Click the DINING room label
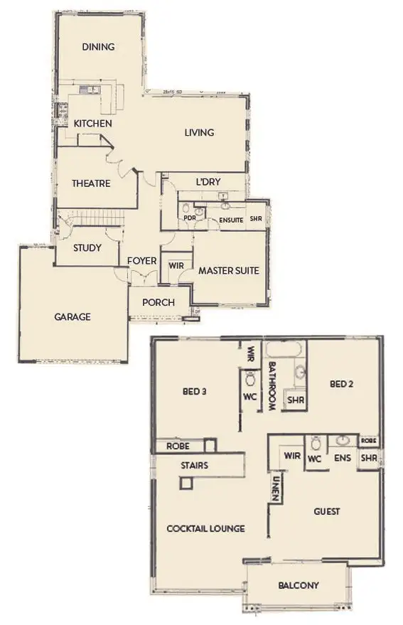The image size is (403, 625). tap(98, 47)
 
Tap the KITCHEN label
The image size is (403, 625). tap(92, 124)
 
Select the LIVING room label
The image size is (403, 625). tap(199, 132)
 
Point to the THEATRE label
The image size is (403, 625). tap(91, 183)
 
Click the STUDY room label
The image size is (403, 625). tap(87, 248)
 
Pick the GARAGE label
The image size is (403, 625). tap(72, 317)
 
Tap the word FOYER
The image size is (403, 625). tap(142, 261)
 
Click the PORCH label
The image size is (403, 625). tap(158, 302)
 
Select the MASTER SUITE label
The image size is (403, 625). tap(228, 271)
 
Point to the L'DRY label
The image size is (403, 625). tap(208, 183)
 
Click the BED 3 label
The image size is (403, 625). tap(194, 390)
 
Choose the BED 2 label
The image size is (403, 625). tap(343, 384)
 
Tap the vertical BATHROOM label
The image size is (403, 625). tap(274, 385)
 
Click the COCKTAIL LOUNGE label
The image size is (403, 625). tap(205, 528)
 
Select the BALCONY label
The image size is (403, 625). tap(298, 586)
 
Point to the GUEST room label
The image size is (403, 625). tap(326, 511)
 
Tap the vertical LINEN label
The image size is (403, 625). tap(275, 488)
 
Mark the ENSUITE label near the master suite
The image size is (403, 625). tap(231, 220)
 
